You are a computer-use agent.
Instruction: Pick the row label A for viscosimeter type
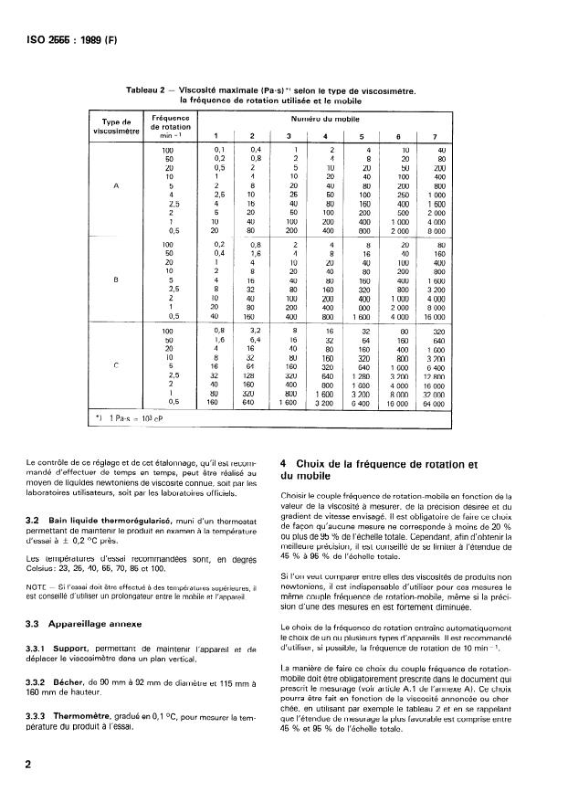point(116,185)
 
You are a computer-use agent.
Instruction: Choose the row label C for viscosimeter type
point(116,365)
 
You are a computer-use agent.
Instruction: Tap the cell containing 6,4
point(256,340)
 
